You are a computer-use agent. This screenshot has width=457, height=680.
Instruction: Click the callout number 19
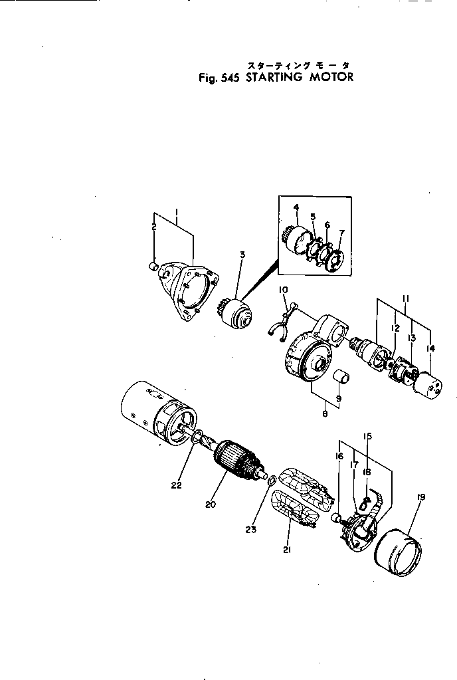pyautogui.click(x=422, y=497)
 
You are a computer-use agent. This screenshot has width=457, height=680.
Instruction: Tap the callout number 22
pyautogui.click(x=175, y=485)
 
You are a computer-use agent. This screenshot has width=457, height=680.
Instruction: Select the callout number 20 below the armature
pyautogui.click(x=211, y=505)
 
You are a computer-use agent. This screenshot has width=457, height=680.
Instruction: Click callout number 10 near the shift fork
pyautogui.click(x=283, y=289)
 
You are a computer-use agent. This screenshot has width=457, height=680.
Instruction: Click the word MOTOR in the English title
pyautogui.click(x=326, y=76)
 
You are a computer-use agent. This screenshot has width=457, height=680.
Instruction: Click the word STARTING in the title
pyautogui.click(x=274, y=76)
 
